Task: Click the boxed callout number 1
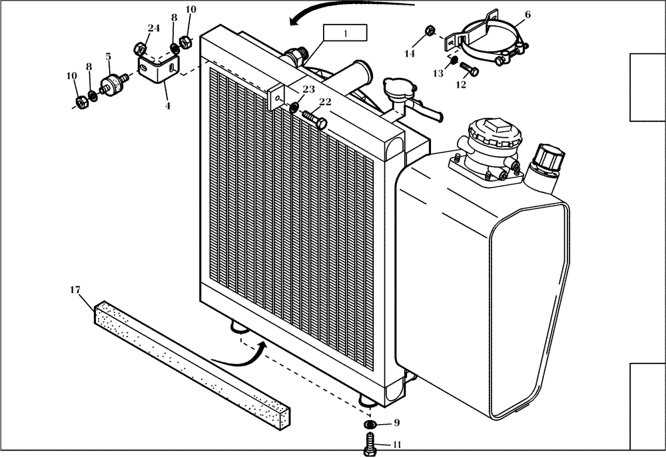pyautogui.click(x=344, y=33)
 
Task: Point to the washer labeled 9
pyautogui.click(x=369, y=424)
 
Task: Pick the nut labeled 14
pyautogui.click(x=430, y=31)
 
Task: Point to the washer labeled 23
pyautogui.click(x=294, y=107)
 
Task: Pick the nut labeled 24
pyautogui.click(x=140, y=48)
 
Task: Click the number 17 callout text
pyautogui.click(x=75, y=290)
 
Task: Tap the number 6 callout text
pyautogui.click(x=527, y=14)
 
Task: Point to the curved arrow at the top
pyautogui.click(x=346, y=10)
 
